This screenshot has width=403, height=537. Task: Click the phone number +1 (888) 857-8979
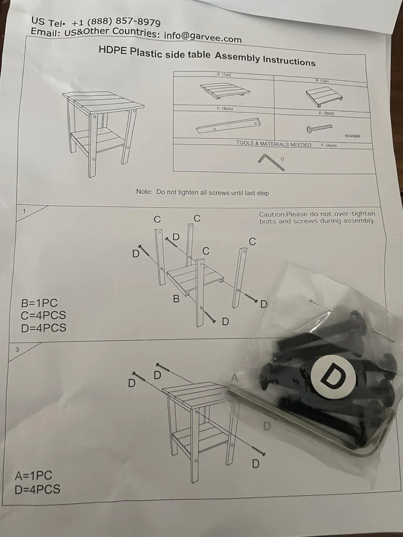click(x=116, y=22)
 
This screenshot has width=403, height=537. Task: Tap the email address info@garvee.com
click(x=203, y=37)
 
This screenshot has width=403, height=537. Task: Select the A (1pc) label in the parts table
click(x=224, y=75)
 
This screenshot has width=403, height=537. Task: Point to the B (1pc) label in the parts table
click(x=322, y=81)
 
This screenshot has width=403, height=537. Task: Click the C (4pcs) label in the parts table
click(x=225, y=108)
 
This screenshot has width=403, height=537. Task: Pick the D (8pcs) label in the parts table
click(x=326, y=113)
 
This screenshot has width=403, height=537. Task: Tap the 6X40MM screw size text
click(x=353, y=136)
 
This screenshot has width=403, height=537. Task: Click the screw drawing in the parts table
click(x=319, y=128)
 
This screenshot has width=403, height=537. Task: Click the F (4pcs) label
click(x=329, y=146)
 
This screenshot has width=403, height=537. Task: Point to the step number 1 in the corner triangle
click(x=24, y=211)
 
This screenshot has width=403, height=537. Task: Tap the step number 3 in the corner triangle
click(x=17, y=350)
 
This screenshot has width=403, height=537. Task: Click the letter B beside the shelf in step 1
click(x=176, y=299)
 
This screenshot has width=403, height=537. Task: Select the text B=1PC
click(x=39, y=303)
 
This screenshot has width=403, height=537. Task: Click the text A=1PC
click(x=33, y=476)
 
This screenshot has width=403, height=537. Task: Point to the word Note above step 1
click(x=144, y=192)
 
